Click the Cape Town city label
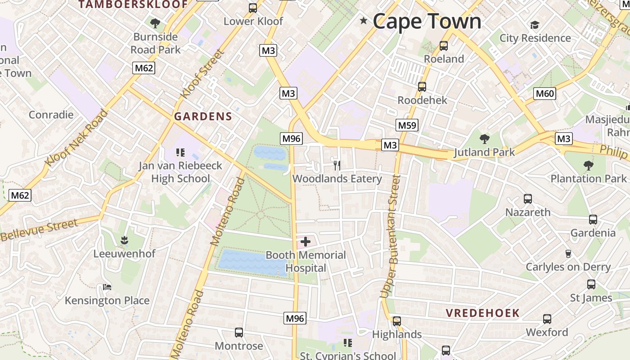point(427,21)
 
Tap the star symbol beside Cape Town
point(364,21)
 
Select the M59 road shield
point(407,125)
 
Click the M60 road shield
point(544,94)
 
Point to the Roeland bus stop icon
point(444,46)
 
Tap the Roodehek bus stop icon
point(422,87)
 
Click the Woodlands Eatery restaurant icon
point(337,165)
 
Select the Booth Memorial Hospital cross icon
point(306,242)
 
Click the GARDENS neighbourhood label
point(203,117)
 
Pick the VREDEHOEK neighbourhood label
point(483,313)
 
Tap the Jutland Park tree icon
point(484,139)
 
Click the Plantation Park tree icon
point(588,166)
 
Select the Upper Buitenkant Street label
point(390,236)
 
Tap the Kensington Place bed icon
point(107,287)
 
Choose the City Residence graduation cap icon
point(535,25)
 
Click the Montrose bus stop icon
point(239,333)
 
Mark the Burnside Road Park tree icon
point(155,23)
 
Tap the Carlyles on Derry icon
point(568,254)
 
